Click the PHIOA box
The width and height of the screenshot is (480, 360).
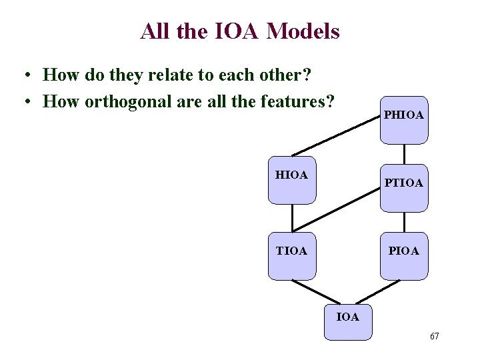(x=403, y=120)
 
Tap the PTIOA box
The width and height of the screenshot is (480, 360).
(x=403, y=189)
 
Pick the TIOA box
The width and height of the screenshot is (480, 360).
(x=292, y=256)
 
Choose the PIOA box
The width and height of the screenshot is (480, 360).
(x=403, y=256)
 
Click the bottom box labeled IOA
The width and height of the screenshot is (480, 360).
(x=347, y=321)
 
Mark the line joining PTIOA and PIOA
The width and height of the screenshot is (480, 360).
(x=404, y=222)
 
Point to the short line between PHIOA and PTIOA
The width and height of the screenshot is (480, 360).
(x=404, y=154)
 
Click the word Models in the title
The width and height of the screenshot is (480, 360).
(x=303, y=31)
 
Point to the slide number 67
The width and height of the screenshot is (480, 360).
(x=434, y=336)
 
